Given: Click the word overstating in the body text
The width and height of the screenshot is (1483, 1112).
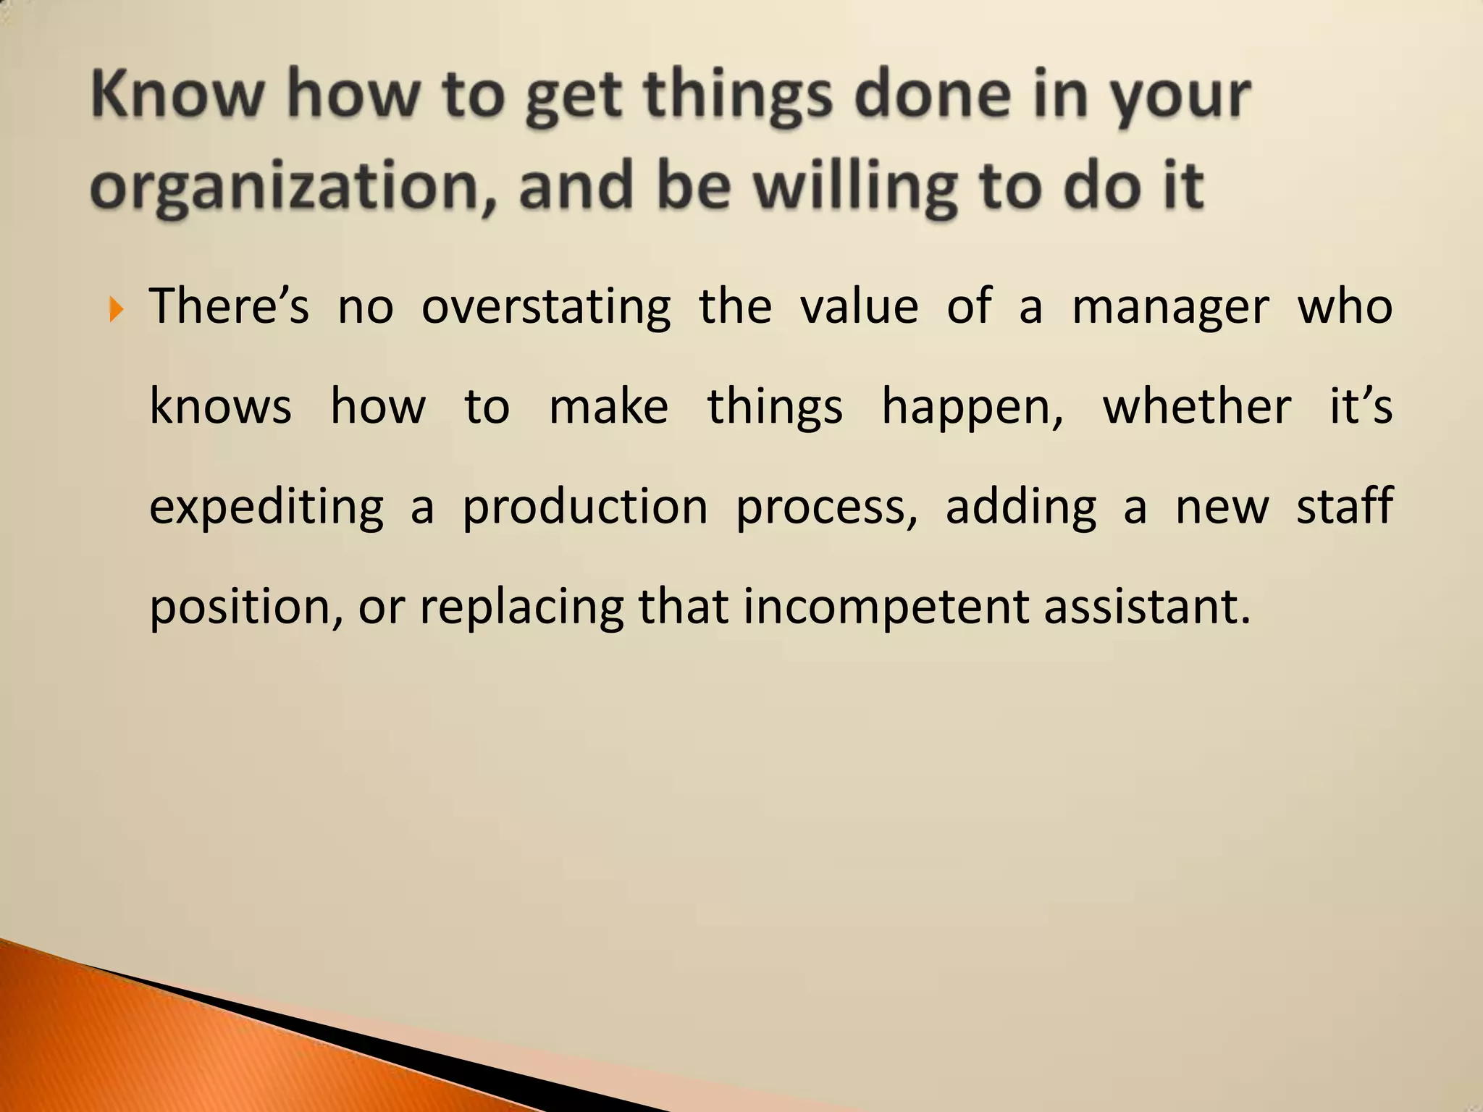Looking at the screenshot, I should coord(546,308).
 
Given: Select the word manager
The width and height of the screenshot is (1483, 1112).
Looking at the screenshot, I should coord(1170,308).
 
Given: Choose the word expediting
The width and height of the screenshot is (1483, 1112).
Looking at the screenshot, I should coord(266,507).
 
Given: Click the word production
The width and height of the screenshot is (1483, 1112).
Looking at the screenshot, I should coord(585,507).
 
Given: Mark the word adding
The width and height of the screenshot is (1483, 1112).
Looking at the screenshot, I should coord(1021,507).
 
